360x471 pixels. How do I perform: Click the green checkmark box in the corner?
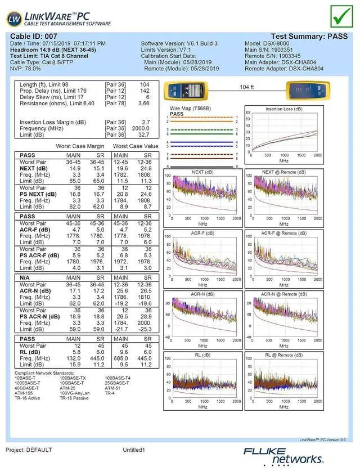coord(340,16)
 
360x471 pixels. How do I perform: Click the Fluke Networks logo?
coord(284,455)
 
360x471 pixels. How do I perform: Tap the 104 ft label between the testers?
coord(246,87)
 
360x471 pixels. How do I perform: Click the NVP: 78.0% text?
coord(25,68)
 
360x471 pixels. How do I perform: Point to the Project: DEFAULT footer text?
coord(29,450)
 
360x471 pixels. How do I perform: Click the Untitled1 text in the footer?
coord(134,450)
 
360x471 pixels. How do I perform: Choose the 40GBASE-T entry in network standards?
coord(26,388)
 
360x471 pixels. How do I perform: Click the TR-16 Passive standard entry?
coord(74,398)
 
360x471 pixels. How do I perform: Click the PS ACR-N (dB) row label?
coord(39,317)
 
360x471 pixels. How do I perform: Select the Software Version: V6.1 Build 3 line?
coord(179,43)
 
